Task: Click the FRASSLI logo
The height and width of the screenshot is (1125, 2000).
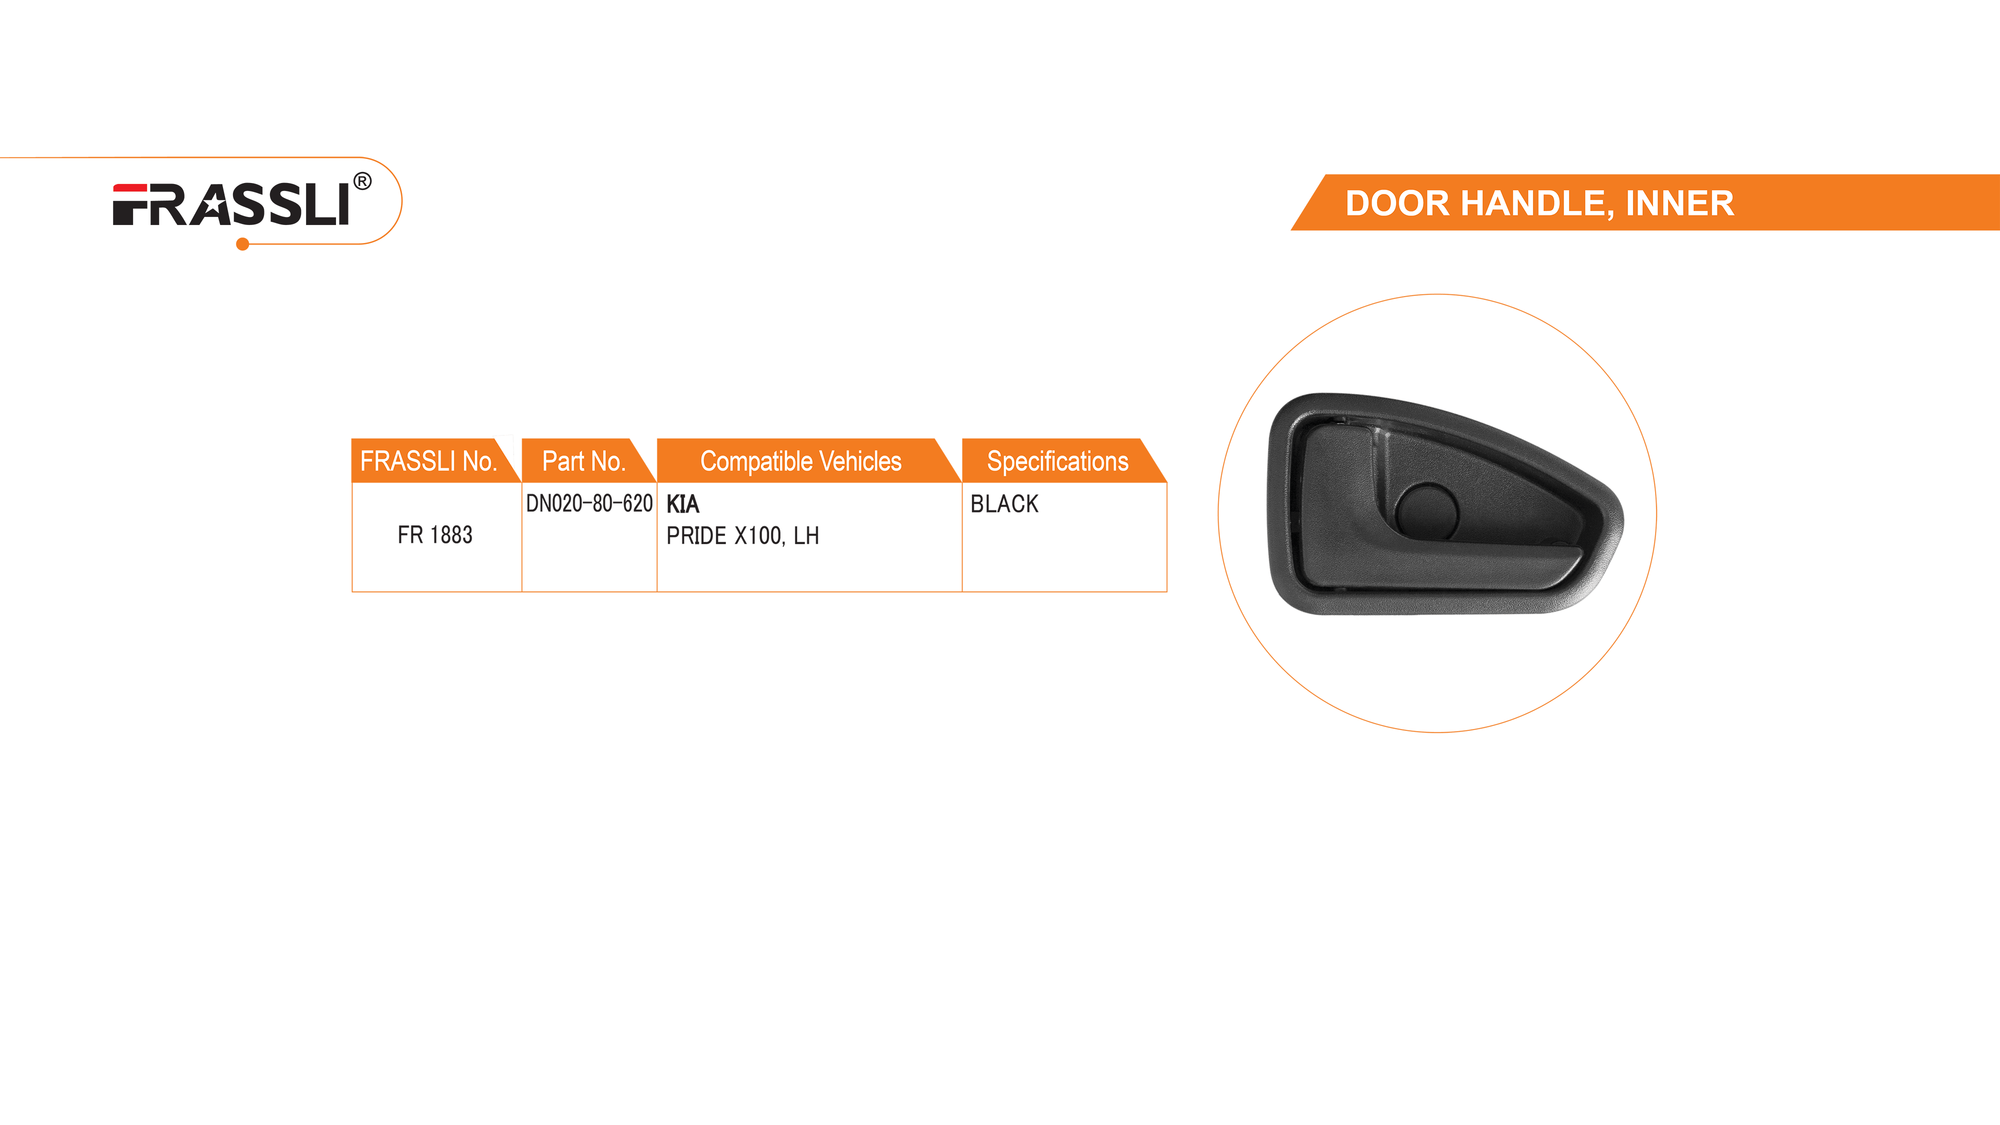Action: point(231,204)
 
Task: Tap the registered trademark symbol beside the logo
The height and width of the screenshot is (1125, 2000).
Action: point(362,181)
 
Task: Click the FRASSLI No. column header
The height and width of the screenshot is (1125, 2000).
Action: point(428,461)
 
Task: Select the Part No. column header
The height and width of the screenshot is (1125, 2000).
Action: point(584,461)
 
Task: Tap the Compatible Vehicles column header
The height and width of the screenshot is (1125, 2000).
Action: point(800,461)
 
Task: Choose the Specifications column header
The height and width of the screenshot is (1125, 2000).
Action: point(1057,461)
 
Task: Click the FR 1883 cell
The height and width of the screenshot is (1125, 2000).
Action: point(435,535)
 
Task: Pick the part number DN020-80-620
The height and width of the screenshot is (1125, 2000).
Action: point(589,504)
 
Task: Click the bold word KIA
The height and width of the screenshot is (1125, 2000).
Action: point(682,504)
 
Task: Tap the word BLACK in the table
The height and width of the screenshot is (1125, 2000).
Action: point(1004,504)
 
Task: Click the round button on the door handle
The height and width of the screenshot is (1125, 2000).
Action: point(1427,511)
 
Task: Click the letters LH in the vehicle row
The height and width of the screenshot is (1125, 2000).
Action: point(806,535)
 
